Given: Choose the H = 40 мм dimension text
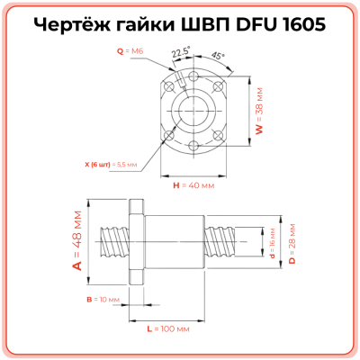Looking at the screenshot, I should (x=193, y=184).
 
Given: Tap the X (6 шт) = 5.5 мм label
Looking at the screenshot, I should (x=110, y=165).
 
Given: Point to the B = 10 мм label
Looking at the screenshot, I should (x=101, y=298).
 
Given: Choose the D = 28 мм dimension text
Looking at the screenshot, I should (x=292, y=241).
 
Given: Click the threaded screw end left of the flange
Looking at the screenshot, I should (x=114, y=241).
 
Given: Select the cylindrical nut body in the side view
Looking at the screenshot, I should (x=176, y=241).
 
